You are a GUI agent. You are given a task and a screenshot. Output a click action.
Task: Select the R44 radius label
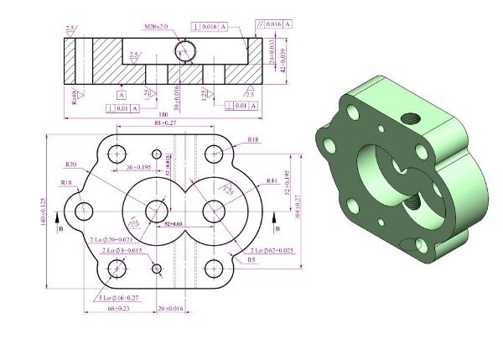tap(271, 180)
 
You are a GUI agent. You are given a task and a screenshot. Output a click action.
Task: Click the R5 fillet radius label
tap(251, 260)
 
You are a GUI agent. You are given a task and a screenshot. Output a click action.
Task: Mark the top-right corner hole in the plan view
tap(215, 154)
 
